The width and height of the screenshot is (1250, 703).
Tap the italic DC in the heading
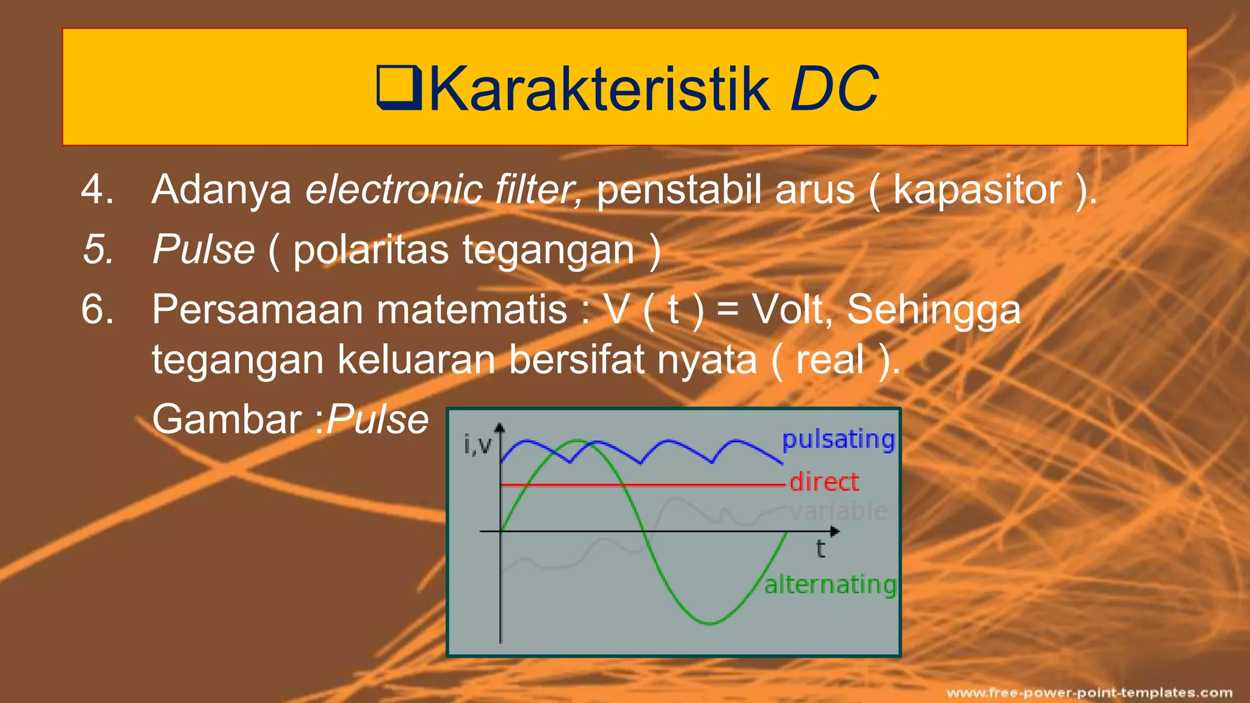pos(834,90)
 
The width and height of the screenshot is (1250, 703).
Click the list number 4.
pos(98,189)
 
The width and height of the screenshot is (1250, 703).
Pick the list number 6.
pos(98,309)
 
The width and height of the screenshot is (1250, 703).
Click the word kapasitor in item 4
pos(977,190)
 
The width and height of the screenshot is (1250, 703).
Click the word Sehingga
pos(934,310)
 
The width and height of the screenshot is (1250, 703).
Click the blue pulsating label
pos(838,439)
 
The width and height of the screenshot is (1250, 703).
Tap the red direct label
pos(824,482)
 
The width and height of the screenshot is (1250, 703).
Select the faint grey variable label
pos(839,511)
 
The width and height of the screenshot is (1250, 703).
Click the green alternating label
pos(830,585)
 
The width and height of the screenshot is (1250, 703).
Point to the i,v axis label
pos(477,444)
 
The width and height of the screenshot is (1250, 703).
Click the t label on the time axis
pos(820,549)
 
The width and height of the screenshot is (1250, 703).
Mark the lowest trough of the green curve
pos(710,623)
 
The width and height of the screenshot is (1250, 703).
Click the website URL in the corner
pos(1089,693)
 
